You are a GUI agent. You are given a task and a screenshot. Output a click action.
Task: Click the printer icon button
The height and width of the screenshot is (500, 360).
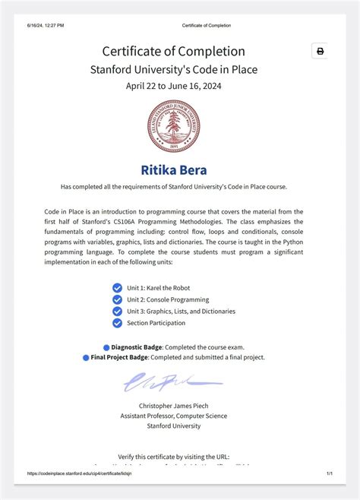coord(320,51)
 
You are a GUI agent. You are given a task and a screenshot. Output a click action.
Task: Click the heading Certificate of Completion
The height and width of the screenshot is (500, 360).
coord(173,51)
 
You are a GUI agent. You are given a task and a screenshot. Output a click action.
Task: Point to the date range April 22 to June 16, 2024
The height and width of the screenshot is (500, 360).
coord(173,86)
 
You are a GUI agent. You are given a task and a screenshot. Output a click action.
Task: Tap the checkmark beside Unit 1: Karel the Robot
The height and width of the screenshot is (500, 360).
coord(117,288)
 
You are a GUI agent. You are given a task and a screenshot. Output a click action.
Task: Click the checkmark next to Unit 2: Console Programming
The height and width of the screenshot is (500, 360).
coord(117,299)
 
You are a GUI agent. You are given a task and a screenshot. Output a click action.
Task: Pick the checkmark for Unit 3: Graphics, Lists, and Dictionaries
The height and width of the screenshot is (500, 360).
coord(117,311)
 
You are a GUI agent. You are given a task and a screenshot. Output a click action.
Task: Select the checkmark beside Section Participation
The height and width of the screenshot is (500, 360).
coord(117,323)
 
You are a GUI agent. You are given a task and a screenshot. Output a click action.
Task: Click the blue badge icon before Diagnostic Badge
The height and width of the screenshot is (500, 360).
coord(106,347)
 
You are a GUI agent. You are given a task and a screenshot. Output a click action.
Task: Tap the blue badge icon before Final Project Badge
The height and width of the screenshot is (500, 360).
coord(86,357)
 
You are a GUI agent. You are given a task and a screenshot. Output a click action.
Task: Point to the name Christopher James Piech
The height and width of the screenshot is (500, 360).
coord(173,406)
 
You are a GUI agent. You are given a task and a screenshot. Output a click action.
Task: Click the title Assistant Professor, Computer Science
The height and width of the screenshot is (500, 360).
coord(173,416)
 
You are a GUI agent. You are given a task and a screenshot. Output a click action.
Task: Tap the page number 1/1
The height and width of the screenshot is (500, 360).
coord(330,473)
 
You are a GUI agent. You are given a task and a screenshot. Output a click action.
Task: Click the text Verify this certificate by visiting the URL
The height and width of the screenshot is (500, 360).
coord(173,456)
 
